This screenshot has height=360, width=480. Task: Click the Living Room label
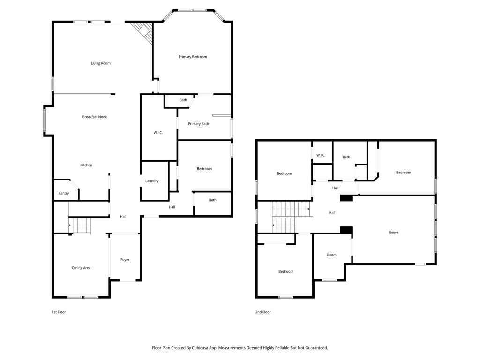pyautogui.click(x=101, y=63)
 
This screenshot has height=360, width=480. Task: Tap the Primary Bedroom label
pyautogui.click(x=193, y=57)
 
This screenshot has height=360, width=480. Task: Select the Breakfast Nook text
pyautogui.click(x=95, y=117)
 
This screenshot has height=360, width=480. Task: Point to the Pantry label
pyautogui.click(x=64, y=193)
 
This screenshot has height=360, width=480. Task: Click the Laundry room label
pyautogui.click(x=152, y=181)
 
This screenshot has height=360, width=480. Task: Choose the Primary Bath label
pyautogui.click(x=198, y=124)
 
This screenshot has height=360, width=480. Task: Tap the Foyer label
pyautogui.click(x=125, y=260)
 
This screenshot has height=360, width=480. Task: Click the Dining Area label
pyautogui.click(x=81, y=268)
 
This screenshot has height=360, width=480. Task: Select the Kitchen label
pyautogui.click(x=86, y=165)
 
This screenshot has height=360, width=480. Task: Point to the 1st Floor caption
pyautogui.click(x=59, y=312)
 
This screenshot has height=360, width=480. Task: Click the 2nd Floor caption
pyautogui.click(x=263, y=312)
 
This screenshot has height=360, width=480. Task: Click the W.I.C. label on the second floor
pyautogui.click(x=321, y=155)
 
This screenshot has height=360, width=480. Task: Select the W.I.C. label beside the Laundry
pyautogui.click(x=158, y=133)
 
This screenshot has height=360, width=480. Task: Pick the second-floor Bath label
pyautogui.click(x=346, y=157)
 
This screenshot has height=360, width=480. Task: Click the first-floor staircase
pyautogui.click(x=80, y=225)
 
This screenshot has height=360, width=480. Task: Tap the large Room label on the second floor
pyautogui.click(x=394, y=232)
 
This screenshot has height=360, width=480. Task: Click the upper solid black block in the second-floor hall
pyautogui.click(x=346, y=198)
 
